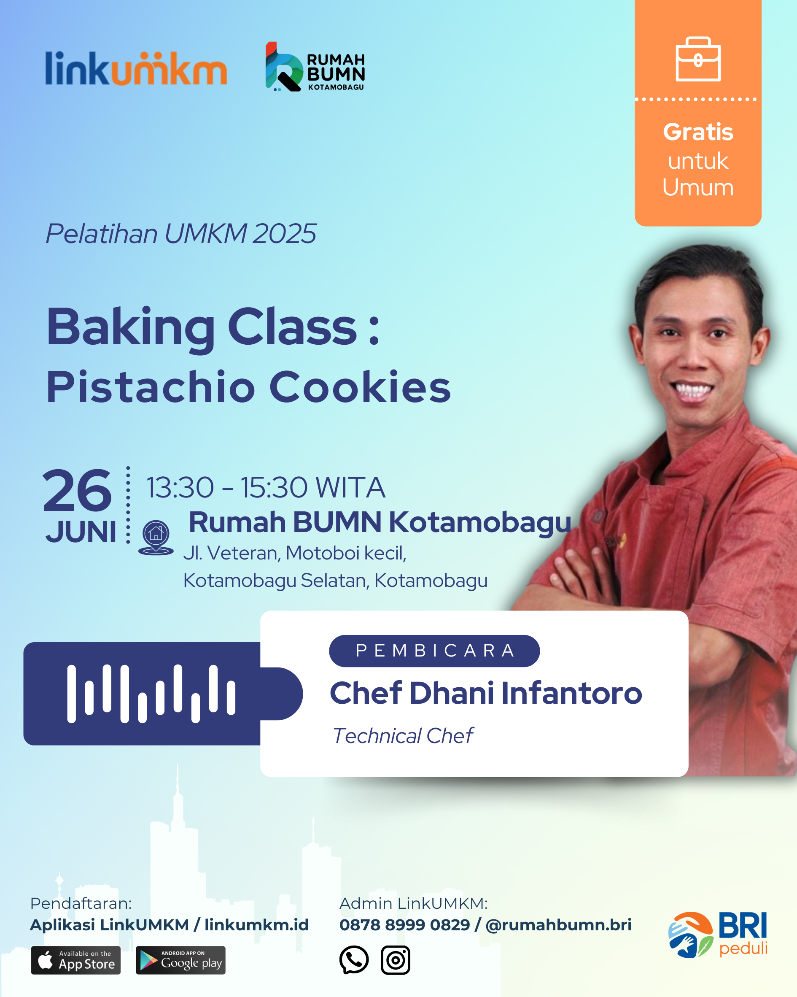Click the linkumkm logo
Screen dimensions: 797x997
(x=136, y=68)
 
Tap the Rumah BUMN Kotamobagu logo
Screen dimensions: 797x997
(x=315, y=67)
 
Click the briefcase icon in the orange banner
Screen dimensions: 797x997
(x=698, y=59)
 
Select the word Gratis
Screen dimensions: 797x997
(x=698, y=132)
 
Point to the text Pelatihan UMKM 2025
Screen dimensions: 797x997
(x=181, y=233)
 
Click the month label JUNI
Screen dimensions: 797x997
(x=81, y=532)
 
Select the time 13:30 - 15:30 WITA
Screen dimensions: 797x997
(x=266, y=487)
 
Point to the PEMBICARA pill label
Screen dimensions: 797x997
(x=434, y=651)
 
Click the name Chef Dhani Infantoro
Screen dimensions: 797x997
(x=486, y=693)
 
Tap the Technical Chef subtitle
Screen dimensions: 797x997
(x=403, y=736)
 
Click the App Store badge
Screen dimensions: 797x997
(x=76, y=960)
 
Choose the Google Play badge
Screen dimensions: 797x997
(x=181, y=960)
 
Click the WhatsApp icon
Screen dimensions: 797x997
(x=354, y=960)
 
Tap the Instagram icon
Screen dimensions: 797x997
(x=396, y=960)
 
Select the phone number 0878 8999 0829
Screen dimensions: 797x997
(x=404, y=925)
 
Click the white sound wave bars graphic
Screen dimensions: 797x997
(x=151, y=694)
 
